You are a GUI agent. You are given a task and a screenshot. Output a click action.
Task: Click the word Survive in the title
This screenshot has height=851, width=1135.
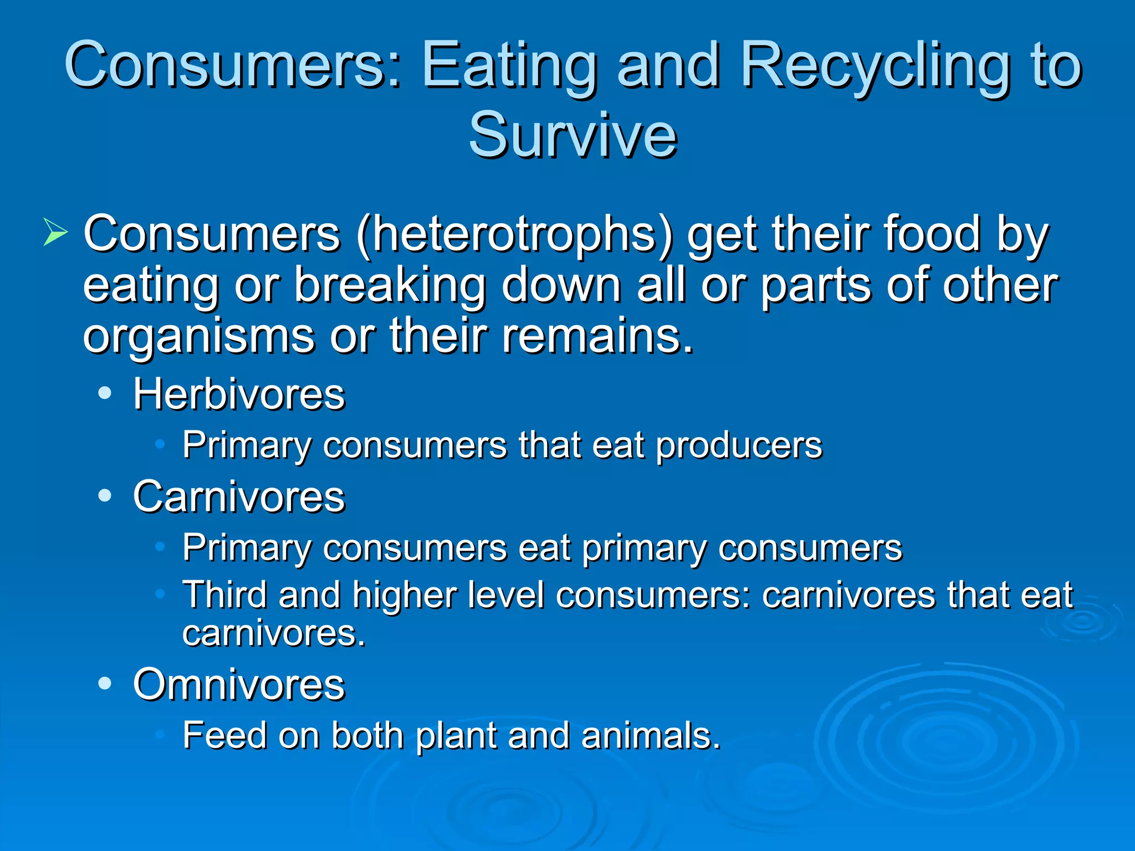pos(572,135)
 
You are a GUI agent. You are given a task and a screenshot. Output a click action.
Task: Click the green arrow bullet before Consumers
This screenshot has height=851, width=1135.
pos(55,232)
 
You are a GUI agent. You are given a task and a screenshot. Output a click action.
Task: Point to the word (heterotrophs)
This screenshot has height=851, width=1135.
pos(515,234)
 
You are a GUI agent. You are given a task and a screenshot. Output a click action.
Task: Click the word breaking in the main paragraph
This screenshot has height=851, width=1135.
pos(390,285)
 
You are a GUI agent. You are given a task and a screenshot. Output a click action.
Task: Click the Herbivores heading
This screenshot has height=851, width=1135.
pos(239,394)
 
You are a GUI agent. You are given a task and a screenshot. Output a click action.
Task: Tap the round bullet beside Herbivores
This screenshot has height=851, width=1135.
pos(105,393)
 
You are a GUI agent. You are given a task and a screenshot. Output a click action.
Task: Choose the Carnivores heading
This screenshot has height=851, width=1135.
pos(239,496)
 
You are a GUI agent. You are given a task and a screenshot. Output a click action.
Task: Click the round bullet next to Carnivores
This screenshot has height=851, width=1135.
pos(105,496)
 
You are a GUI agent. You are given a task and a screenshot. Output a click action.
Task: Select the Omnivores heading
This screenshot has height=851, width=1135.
pos(239,685)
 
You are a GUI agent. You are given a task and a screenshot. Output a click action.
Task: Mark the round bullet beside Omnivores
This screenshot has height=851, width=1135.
pos(105,684)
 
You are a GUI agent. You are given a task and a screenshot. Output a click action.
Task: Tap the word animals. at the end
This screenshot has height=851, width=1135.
pos(651,735)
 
